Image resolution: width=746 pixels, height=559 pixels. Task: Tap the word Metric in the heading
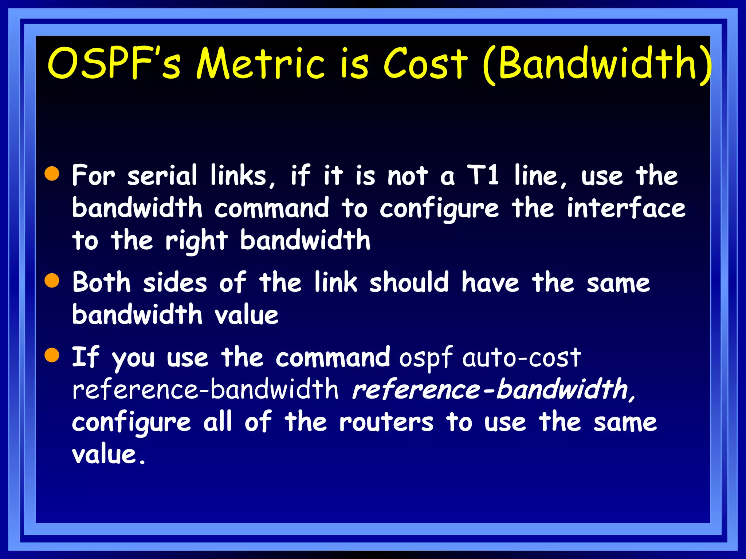coord(260,64)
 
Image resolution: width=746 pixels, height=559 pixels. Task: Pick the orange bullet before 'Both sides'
coord(52,281)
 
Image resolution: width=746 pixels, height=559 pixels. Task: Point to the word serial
coord(162,175)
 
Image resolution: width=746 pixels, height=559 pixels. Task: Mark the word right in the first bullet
coord(196,241)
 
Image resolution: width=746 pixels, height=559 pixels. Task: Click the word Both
coord(101,282)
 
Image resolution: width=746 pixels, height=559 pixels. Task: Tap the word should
coord(409,282)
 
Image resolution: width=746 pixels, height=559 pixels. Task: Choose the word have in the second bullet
coord(490,282)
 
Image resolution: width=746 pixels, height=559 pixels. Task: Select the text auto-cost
coord(522,357)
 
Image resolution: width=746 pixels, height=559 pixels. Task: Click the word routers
coord(386,422)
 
